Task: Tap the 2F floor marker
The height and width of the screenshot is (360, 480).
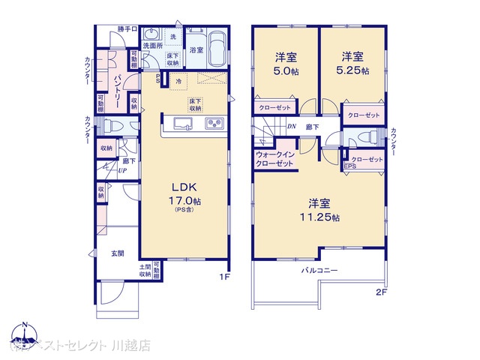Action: click(x=381, y=292)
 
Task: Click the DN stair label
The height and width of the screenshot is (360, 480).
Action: click(x=291, y=127)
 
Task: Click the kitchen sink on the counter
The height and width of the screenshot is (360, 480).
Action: click(x=184, y=123)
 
